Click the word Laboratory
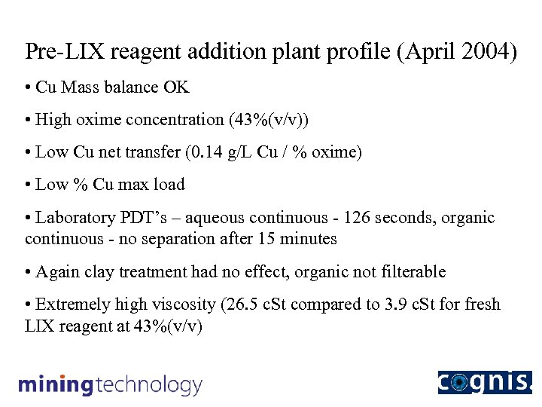tap(79, 218)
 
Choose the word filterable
tap(410, 271)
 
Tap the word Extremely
tap(73, 304)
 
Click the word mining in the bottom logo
tap(55, 385)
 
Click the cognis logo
tap(485, 382)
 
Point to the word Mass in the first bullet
tap(78, 87)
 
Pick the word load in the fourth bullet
tap(169, 185)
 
